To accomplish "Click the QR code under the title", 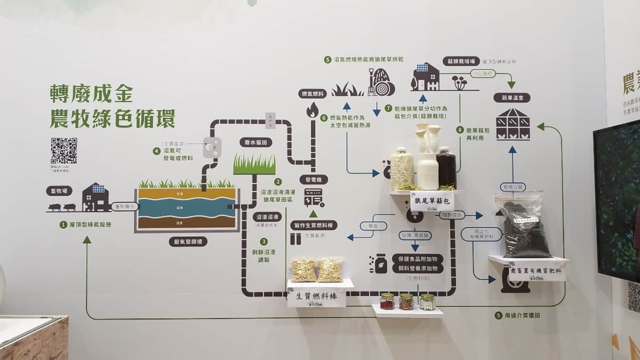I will (x=63, y=151).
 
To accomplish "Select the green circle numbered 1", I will (x=63, y=225).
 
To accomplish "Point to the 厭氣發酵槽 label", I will (x=187, y=241).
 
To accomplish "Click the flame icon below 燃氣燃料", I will (x=312, y=110).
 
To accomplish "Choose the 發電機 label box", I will (x=314, y=180).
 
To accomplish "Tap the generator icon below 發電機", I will (x=314, y=197).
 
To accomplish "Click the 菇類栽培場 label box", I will (x=458, y=62).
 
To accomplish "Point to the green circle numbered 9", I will (x=498, y=316).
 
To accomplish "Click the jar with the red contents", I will (x=387, y=301).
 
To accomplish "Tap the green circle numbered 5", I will (x=327, y=60).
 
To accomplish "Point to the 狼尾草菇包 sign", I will (x=431, y=201).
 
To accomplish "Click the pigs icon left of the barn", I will (x=63, y=207).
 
